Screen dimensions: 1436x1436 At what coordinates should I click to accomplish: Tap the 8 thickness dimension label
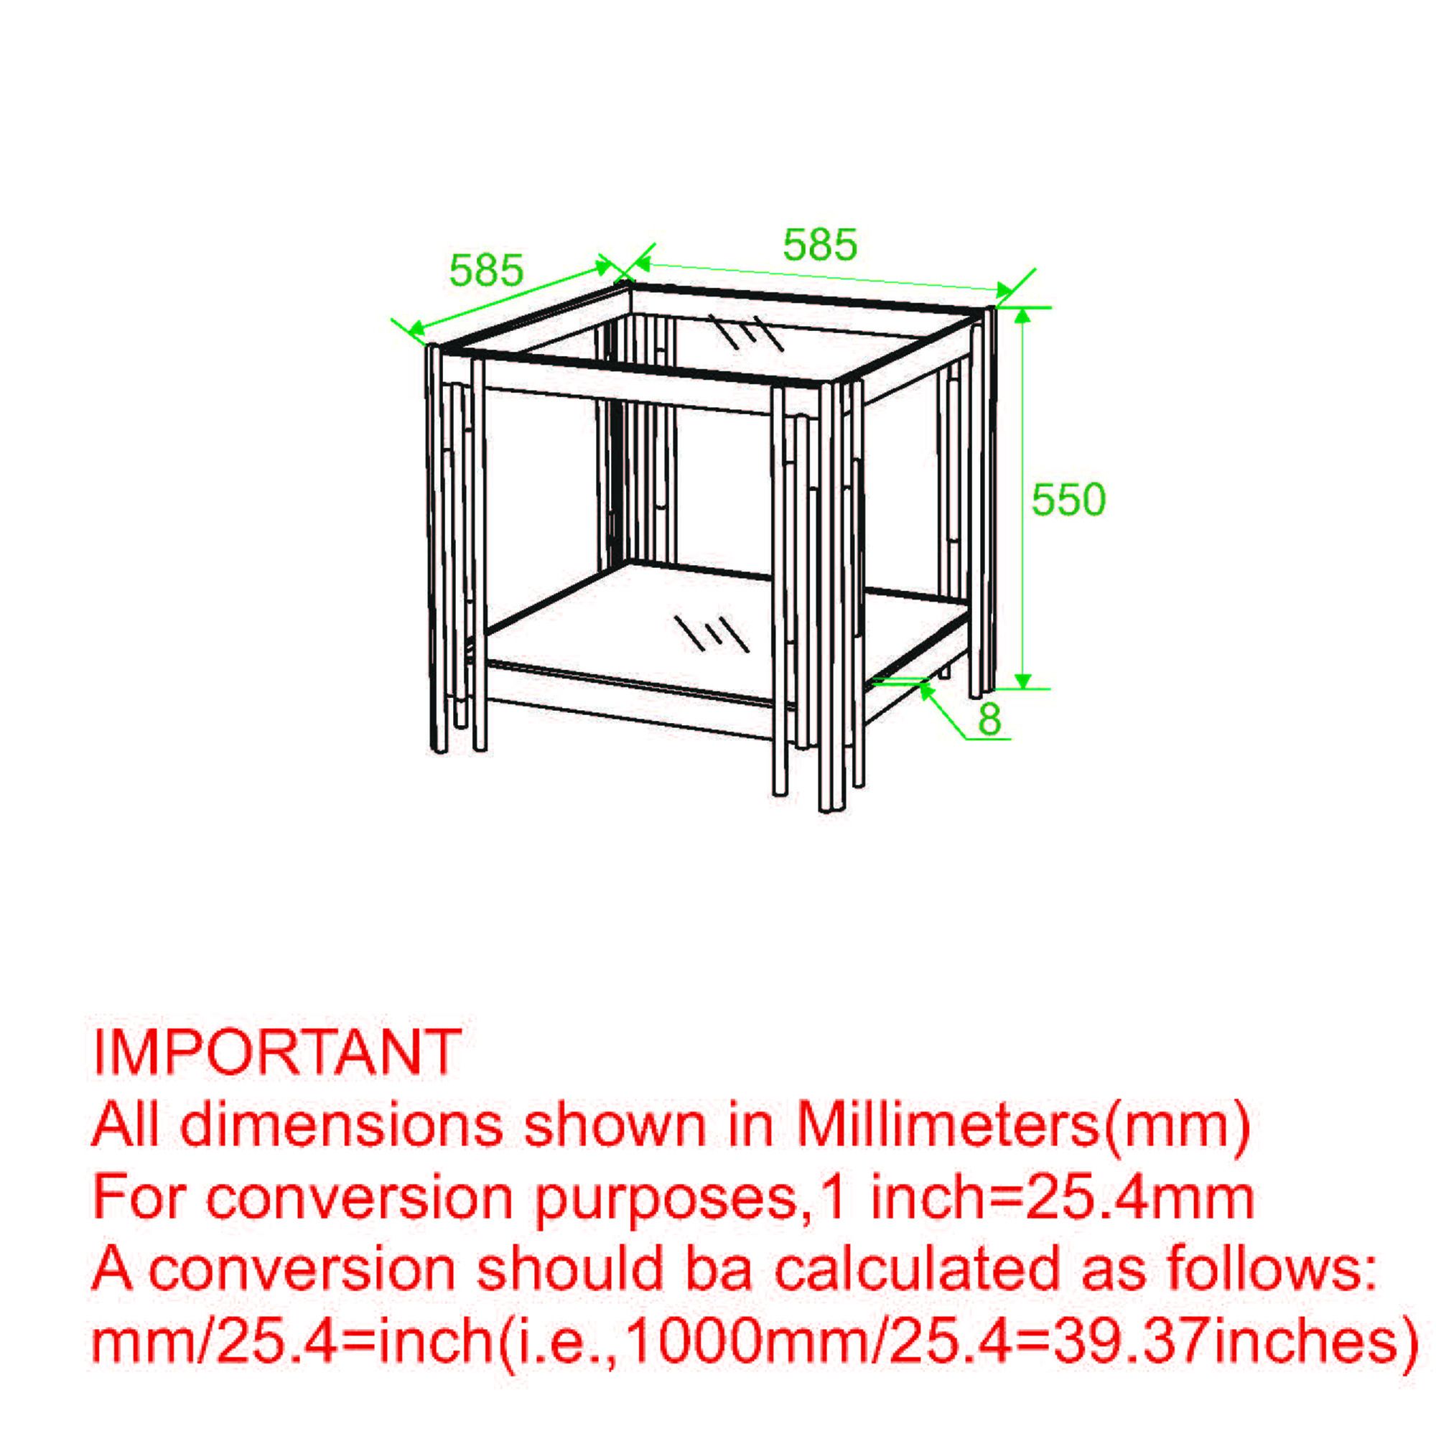pyautogui.click(x=990, y=719)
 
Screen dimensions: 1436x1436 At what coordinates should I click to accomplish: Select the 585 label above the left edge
pyautogui.click(x=487, y=270)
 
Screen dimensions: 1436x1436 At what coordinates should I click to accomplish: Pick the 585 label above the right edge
pyautogui.click(x=821, y=245)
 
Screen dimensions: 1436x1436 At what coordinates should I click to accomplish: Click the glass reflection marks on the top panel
pyautogui.click(x=745, y=332)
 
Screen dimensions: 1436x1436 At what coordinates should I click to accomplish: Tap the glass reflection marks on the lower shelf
pyautogui.click(x=711, y=633)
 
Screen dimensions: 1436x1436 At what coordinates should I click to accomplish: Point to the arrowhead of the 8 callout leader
pyautogui.click(x=926, y=689)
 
